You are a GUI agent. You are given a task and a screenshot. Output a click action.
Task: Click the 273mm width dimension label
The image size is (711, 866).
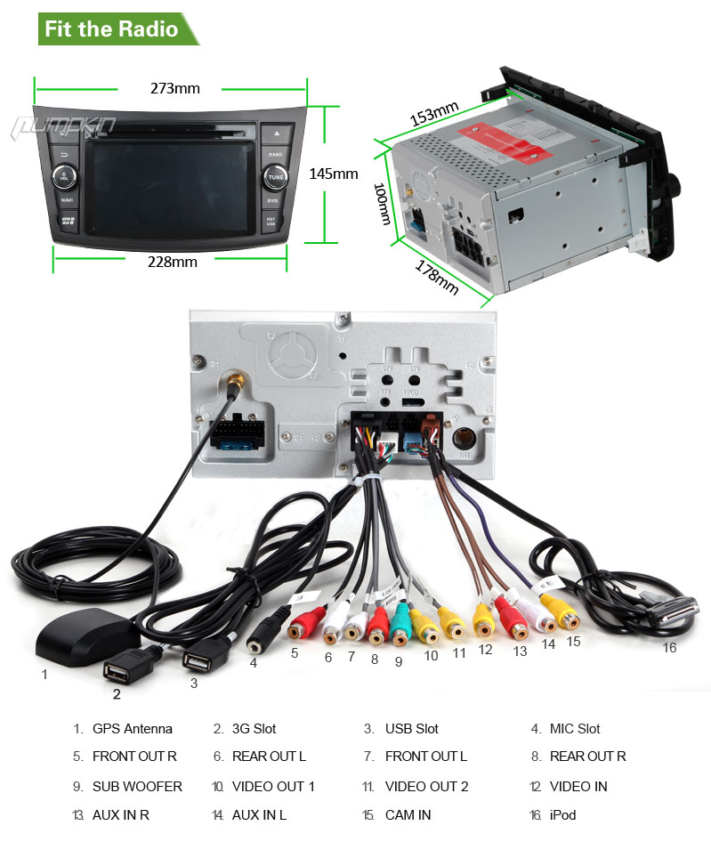click(x=174, y=88)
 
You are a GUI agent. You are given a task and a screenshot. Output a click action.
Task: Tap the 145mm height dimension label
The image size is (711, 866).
click(x=333, y=174)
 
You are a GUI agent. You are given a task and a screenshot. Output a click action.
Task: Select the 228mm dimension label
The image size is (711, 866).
click(x=173, y=262)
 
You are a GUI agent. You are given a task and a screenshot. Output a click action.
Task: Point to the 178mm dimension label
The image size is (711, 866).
click(x=436, y=275)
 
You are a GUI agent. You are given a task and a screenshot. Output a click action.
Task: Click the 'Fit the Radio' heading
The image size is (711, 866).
click(x=111, y=28)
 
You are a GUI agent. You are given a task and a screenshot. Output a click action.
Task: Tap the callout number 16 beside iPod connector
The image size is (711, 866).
click(x=669, y=648)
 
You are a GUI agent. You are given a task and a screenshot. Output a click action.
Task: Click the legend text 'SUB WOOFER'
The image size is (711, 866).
click(x=137, y=787)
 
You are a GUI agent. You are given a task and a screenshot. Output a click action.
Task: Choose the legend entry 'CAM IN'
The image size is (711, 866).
click(x=408, y=815)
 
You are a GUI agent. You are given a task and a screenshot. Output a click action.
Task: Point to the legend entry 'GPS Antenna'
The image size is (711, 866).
click(x=133, y=729)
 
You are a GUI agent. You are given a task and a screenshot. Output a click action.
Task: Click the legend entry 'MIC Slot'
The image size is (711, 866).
click(x=575, y=729)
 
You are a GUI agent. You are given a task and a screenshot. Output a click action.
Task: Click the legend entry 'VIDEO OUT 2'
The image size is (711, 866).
click(x=426, y=787)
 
